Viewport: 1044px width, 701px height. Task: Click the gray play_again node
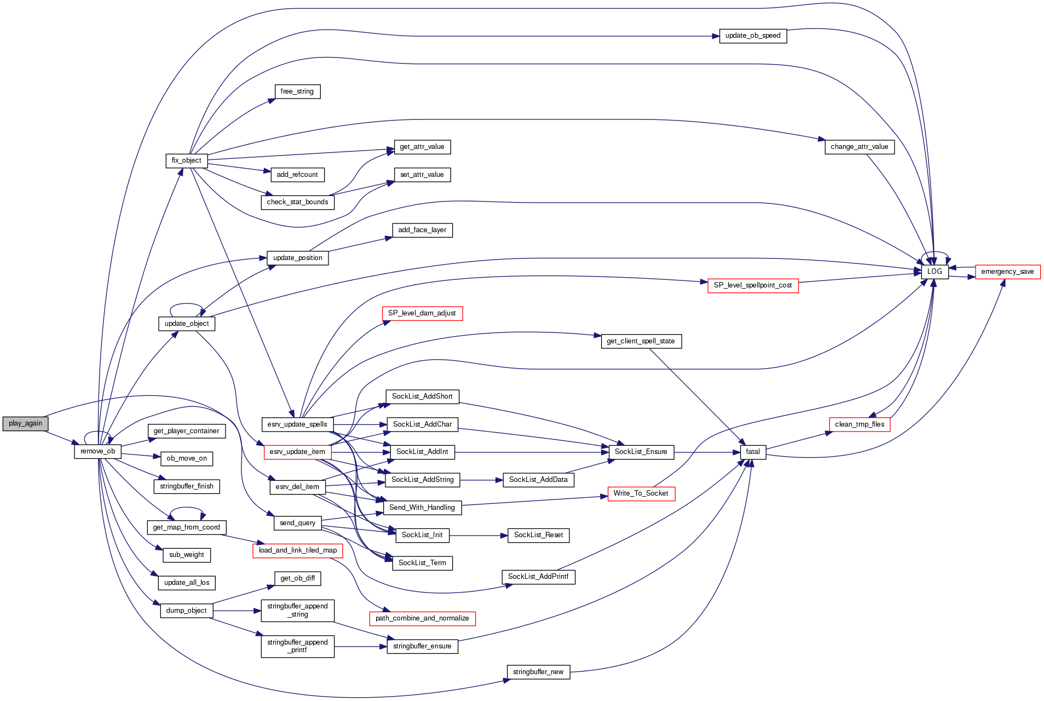click(x=25, y=423)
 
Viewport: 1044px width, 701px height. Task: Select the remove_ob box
click(x=97, y=451)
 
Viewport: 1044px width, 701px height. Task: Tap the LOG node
click(x=935, y=272)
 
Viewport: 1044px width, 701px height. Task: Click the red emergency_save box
click(x=1007, y=272)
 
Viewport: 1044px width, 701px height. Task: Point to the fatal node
click(x=753, y=452)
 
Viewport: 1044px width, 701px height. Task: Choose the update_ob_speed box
click(x=753, y=36)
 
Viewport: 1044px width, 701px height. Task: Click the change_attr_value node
click(x=859, y=147)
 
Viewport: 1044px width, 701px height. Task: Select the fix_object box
click(x=186, y=160)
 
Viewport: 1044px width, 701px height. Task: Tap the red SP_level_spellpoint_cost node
click(x=753, y=285)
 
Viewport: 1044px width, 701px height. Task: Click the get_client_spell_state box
click(x=641, y=341)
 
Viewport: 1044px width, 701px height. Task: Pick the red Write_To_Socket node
click(x=641, y=493)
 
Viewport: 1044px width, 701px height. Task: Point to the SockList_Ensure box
click(x=641, y=452)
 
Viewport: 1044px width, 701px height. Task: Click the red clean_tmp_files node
click(x=860, y=424)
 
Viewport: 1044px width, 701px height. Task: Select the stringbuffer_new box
click(x=538, y=672)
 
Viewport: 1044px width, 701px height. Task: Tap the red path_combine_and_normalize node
click(x=422, y=618)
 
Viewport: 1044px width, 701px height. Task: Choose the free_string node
click(x=297, y=91)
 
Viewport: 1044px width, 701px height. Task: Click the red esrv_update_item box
click(x=297, y=452)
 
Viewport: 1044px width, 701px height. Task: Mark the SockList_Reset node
click(x=538, y=535)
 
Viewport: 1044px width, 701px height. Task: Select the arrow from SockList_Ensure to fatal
click(x=706, y=452)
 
